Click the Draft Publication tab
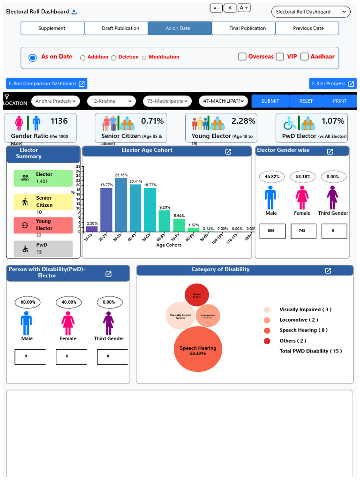click(120, 28)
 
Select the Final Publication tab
click(247, 28)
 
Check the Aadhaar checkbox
click(305, 57)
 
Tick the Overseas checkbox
click(242, 57)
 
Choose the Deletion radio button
click(113, 58)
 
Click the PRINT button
click(340, 101)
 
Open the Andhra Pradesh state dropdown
click(56, 101)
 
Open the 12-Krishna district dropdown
click(111, 101)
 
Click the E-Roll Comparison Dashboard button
click(47, 84)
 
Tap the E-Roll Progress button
click(333, 84)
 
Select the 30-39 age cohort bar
click(121, 205)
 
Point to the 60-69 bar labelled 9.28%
click(165, 221)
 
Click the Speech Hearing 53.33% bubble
click(197, 349)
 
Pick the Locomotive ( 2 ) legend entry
click(298, 320)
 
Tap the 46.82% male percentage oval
click(272, 177)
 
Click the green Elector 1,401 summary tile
click(43, 178)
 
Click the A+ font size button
click(244, 8)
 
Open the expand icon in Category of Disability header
click(328, 271)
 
